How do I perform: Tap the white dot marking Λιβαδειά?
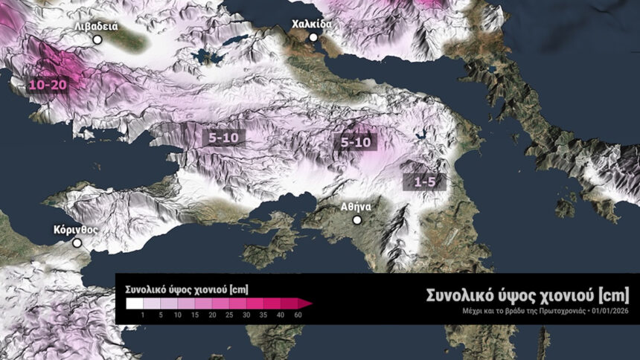(97, 39)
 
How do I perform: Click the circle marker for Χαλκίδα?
(313, 37)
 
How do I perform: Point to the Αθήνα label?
(357, 207)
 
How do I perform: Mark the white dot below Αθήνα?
(357, 220)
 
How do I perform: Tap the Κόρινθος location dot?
(77, 242)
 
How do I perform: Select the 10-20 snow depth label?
(48, 85)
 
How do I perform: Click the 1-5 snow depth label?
(423, 180)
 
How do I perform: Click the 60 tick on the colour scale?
(298, 315)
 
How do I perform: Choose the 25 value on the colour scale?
(229, 315)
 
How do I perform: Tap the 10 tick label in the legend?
(178, 315)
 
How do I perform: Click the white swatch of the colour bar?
(134, 303)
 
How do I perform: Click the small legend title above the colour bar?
(176, 288)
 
